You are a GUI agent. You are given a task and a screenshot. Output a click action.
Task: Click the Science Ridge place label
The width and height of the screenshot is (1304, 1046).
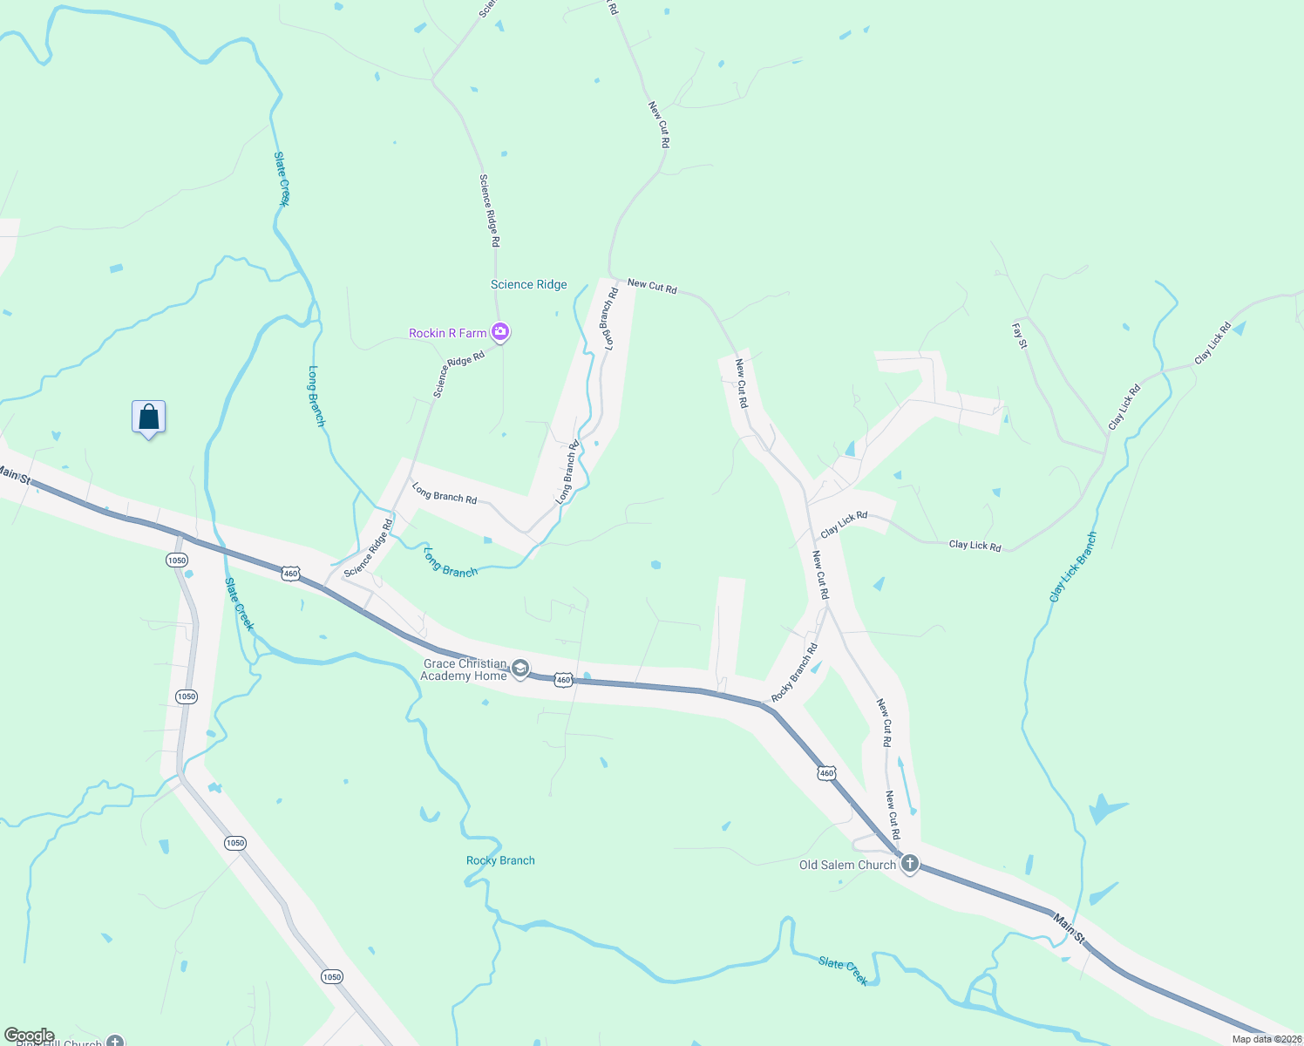click(x=528, y=285)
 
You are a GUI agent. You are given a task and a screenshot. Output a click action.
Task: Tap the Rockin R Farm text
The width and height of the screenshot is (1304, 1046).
click(x=448, y=333)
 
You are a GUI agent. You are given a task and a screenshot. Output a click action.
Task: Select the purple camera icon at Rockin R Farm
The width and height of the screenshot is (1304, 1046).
click(x=500, y=331)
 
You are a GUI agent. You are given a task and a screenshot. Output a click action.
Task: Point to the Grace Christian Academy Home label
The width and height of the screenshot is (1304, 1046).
click(x=465, y=669)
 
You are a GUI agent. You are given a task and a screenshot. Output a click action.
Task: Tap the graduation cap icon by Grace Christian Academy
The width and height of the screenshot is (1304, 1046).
click(x=520, y=669)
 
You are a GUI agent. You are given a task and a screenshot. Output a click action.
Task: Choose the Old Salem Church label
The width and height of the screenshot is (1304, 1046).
click(x=847, y=865)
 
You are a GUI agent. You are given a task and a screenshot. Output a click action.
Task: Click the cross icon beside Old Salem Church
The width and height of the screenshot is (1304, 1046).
click(x=909, y=863)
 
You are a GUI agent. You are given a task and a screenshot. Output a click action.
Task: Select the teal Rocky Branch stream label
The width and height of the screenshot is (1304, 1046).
click(x=500, y=860)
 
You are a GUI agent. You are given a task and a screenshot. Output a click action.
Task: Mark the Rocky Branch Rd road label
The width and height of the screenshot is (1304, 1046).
click(x=794, y=673)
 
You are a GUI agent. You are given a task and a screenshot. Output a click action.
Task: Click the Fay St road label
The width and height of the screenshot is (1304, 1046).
click(x=1020, y=336)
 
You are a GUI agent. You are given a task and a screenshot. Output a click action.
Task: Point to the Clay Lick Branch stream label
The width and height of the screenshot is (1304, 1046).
click(x=1073, y=567)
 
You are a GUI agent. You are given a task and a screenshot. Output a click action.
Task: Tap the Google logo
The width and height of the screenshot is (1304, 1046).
click(x=29, y=1036)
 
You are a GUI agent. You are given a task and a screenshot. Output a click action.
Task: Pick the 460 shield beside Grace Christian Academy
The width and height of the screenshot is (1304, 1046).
click(x=563, y=680)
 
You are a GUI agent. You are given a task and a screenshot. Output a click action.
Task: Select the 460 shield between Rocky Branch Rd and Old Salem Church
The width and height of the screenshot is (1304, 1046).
click(x=826, y=773)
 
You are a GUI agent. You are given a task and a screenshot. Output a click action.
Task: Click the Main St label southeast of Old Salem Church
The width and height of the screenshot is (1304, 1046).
click(x=1069, y=927)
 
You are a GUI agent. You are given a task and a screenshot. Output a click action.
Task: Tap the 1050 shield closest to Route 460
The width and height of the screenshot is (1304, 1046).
click(x=177, y=560)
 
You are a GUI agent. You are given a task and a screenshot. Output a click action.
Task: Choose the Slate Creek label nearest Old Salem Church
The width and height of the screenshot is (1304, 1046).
click(x=843, y=970)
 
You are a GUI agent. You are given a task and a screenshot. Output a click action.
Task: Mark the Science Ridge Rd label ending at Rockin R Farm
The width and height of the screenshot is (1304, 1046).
click(x=458, y=374)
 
